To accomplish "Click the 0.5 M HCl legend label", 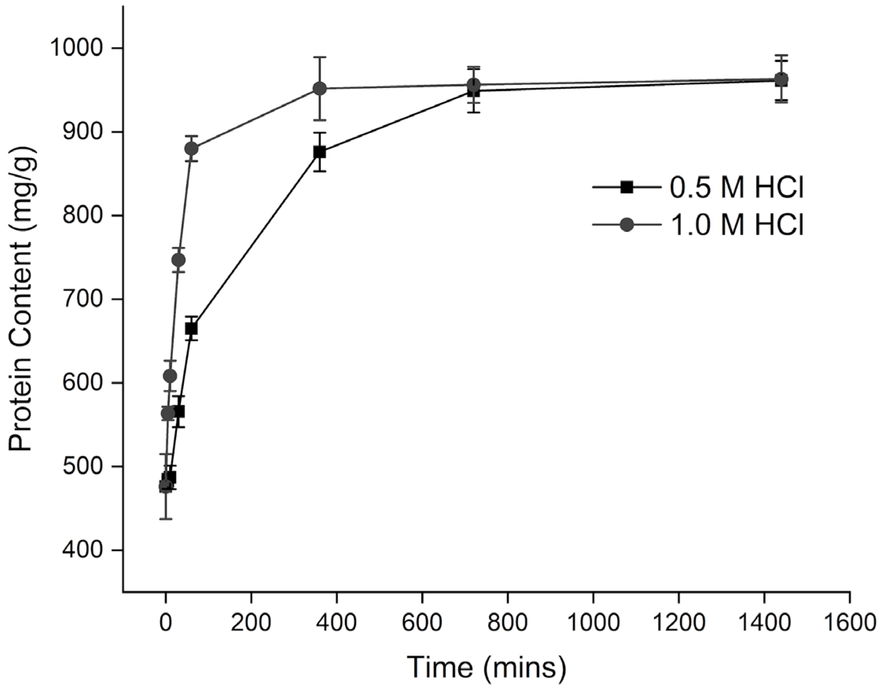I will click(737, 188).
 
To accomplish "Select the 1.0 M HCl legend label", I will click(737, 225).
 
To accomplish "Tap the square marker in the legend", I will click(627, 187).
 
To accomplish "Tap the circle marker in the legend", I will click(627, 225).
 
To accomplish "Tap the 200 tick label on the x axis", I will click(251, 622).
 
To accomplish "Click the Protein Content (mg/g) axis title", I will click(21, 299).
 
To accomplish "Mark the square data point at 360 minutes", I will click(320, 152).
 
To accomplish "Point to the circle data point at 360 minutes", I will click(320, 88).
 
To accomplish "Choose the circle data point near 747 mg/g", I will click(178, 260).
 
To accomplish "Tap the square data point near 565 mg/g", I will click(179, 412).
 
